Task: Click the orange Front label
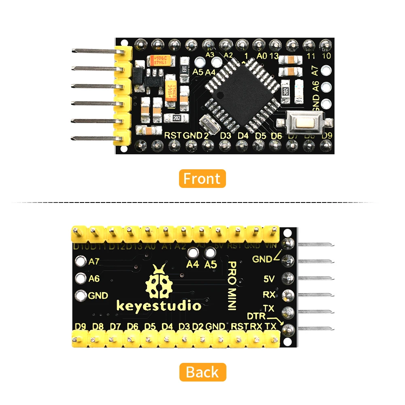(x=202, y=179)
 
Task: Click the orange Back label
(x=202, y=372)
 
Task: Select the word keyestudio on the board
(x=159, y=306)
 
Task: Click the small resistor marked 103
(x=184, y=69)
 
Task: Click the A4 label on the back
(x=192, y=264)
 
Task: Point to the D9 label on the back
(x=81, y=326)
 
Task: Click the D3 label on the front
(x=226, y=135)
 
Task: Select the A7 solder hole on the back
(x=81, y=261)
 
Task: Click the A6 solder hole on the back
(x=81, y=278)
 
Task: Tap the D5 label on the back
(x=150, y=326)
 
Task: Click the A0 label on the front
(x=262, y=56)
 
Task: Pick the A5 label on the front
(x=198, y=72)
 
